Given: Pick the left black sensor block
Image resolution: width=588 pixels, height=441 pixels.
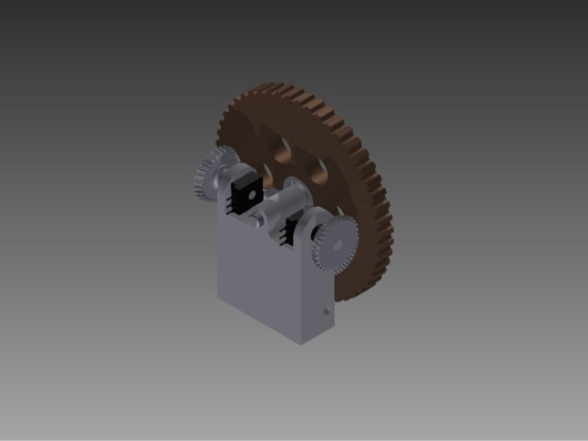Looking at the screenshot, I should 243,193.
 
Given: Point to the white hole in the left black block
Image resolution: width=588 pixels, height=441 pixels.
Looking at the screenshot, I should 248,195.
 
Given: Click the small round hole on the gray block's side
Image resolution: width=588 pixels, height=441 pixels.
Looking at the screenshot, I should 324,312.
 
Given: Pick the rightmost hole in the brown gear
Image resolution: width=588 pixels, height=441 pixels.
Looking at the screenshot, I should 320,173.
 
